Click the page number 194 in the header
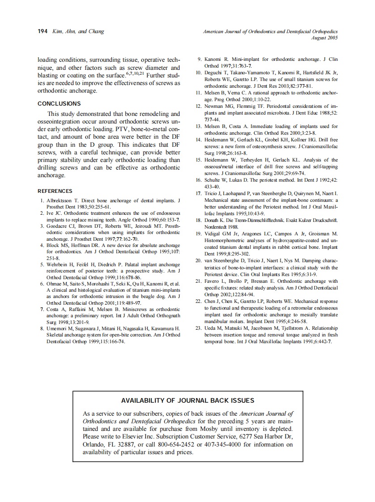(43, 31)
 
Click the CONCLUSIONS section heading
(59, 103)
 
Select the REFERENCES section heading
(55, 191)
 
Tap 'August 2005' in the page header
(324, 38)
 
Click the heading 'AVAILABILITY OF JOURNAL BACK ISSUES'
(187, 400)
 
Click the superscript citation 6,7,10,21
(134, 73)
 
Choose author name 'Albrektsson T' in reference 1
(63, 200)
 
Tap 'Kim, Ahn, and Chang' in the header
(78, 31)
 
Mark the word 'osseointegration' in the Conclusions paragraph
(64, 121)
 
